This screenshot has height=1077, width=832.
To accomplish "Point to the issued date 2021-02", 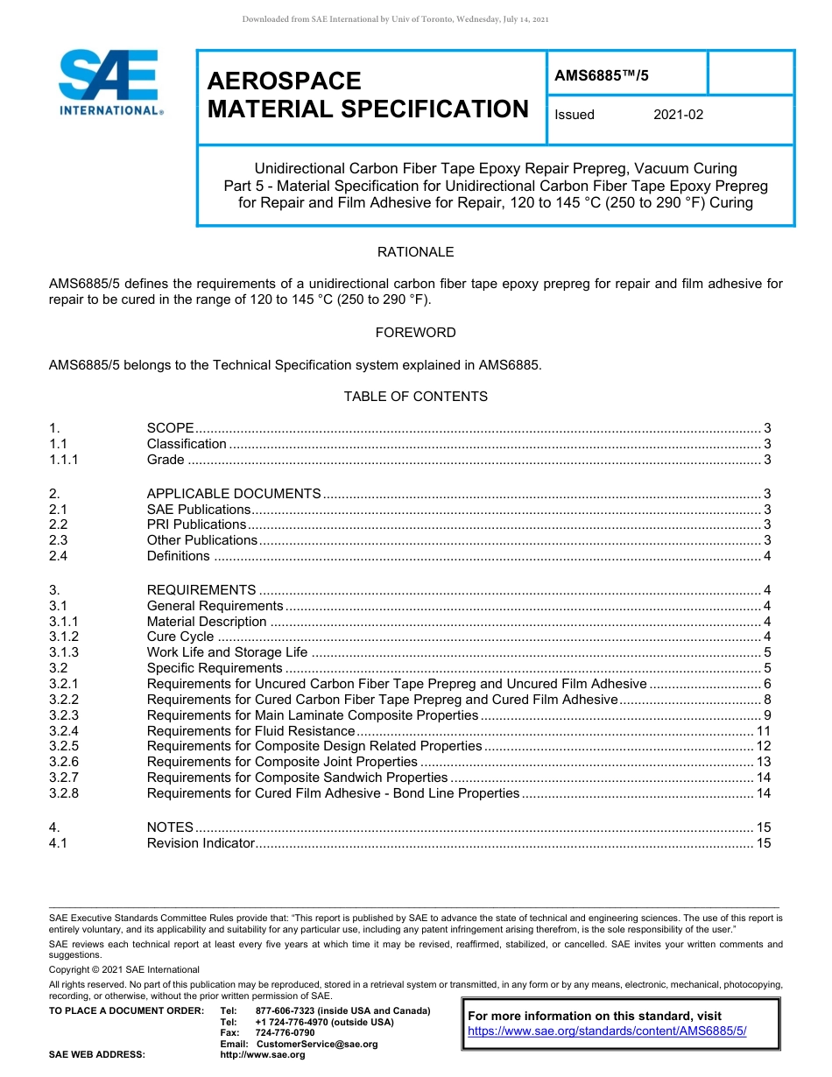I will click(678, 115).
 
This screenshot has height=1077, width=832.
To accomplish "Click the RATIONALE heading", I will click(415, 252).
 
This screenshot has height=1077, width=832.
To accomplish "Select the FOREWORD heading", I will click(415, 333).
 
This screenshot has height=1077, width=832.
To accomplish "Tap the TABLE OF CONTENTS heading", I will click(415, 397).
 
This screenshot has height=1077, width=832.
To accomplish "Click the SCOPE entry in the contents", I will click(171, 428).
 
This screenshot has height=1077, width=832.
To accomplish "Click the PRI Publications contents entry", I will click(196, 524).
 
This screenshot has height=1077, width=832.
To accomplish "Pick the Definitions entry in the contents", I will click(179, 556).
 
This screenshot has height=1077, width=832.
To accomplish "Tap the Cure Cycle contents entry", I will click(180, 637).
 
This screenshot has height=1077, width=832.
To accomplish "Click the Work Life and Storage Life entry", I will click(227, 652).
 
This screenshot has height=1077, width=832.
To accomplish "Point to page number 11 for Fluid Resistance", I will click(763, 731).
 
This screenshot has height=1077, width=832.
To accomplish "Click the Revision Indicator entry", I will click(201, 843).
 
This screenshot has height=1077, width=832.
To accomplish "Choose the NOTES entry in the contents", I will click(170, 827).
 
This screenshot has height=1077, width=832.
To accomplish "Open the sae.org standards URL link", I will click(607, 1031).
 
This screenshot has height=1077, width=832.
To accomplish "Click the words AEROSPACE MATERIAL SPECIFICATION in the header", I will click(368, 95).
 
